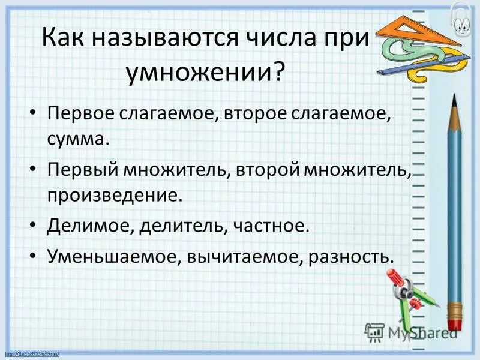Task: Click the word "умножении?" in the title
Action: pos(203,72)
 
